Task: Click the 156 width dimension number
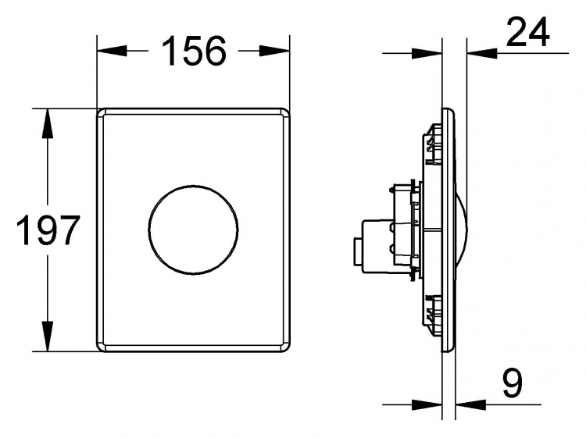tap(194, 52)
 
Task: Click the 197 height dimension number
tap(48, 230)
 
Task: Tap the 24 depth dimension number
tap(527, 32)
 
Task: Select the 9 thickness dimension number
tap(512, 383)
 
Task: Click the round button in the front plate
tap(193, 230)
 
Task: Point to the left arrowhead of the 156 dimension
tap(112, 52)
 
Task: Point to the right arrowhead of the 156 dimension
tap(275, 52)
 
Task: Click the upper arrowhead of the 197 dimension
tap(48, 123)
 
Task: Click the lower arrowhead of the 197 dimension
tap(48, 336)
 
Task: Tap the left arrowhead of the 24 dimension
tap(427, 53)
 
